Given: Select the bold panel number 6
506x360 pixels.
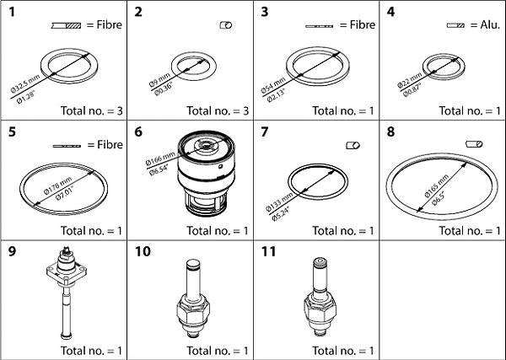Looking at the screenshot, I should (x=137, y=133).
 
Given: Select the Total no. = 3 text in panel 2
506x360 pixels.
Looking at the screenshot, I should (x=216, y=110).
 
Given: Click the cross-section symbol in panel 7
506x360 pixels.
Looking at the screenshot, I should (x=353, y=146).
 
